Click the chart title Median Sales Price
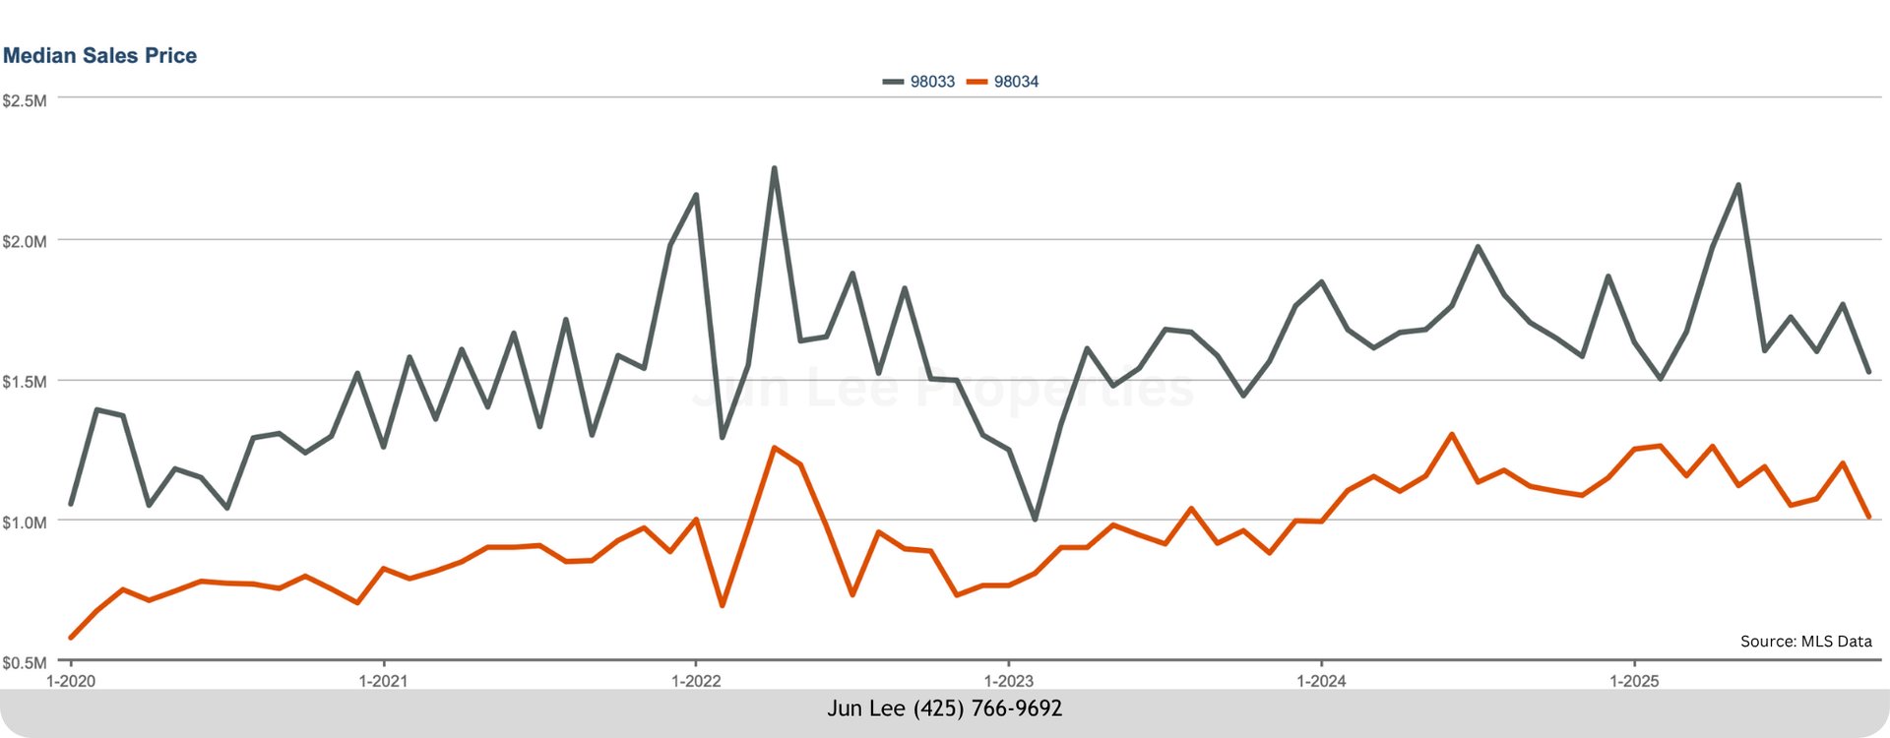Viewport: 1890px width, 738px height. [99, 56]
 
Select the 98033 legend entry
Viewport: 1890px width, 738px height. [919, 82]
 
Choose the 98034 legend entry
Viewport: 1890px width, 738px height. [1003, 82]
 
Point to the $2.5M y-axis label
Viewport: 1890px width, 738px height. [24, 100]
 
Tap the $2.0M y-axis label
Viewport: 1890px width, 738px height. [24, 241]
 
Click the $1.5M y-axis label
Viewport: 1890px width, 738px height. [24, 382]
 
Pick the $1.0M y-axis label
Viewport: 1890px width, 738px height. [24, 523]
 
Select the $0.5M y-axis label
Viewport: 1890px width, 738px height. [24, 663]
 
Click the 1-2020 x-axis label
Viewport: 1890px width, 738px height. [71, 681]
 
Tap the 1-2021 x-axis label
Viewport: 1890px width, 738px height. [383, 681]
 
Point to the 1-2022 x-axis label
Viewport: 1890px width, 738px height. [696, 681]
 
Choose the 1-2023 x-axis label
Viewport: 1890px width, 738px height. [1008, 681]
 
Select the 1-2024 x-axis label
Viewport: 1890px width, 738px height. [1321, 681]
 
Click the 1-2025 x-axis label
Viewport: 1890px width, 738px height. [1634, 681]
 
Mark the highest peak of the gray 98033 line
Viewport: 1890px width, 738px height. [774, 168]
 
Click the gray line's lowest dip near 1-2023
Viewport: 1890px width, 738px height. [1035, 519]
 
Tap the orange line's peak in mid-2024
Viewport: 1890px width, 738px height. [1452, 434]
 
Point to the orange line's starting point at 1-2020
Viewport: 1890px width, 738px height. [71, 638]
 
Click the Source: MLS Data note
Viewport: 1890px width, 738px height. [1805, 642]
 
